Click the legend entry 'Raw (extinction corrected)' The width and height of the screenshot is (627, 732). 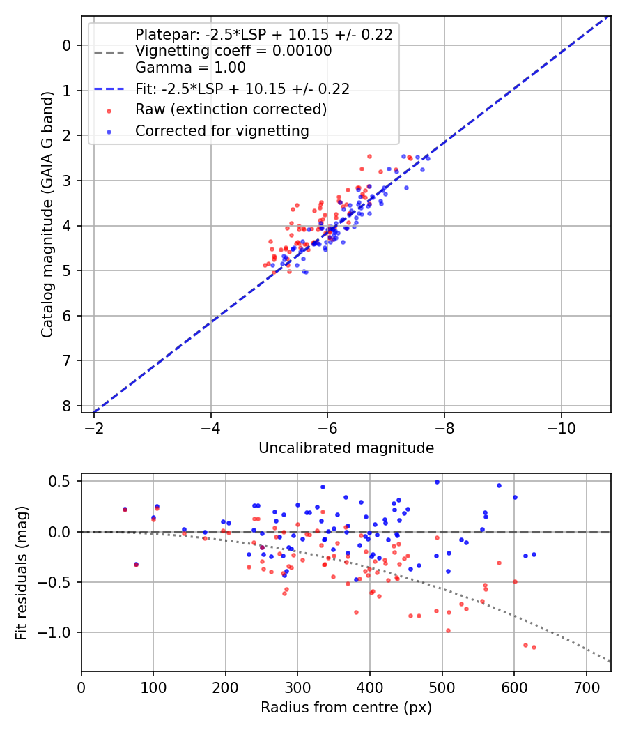click(231, 109)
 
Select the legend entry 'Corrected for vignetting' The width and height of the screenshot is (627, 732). click(222, 130)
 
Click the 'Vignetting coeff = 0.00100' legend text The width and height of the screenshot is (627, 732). click(233, 51)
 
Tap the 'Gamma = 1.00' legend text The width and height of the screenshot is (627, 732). click(190, 68)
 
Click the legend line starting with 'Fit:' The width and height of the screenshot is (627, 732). click(242, 89)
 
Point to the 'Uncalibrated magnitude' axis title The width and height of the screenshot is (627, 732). click(346, 448)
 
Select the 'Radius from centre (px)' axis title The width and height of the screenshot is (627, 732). click(346, 708)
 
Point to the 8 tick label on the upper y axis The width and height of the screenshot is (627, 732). click(67, 406)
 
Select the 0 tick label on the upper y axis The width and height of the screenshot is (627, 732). click(67, 45)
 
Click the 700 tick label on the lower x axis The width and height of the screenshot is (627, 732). click(586, 688)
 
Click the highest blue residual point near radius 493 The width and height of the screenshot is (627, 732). click(437, 482)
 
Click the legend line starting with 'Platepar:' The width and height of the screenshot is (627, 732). click(263, 34)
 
